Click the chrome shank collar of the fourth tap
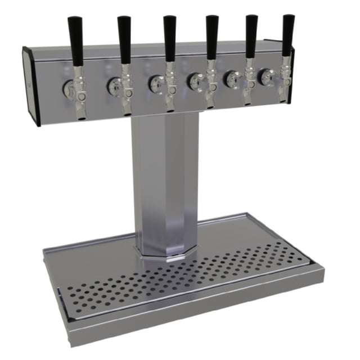tap(196, 81)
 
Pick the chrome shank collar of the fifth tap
tap(232, 79)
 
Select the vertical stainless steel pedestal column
tap(161, 180)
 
